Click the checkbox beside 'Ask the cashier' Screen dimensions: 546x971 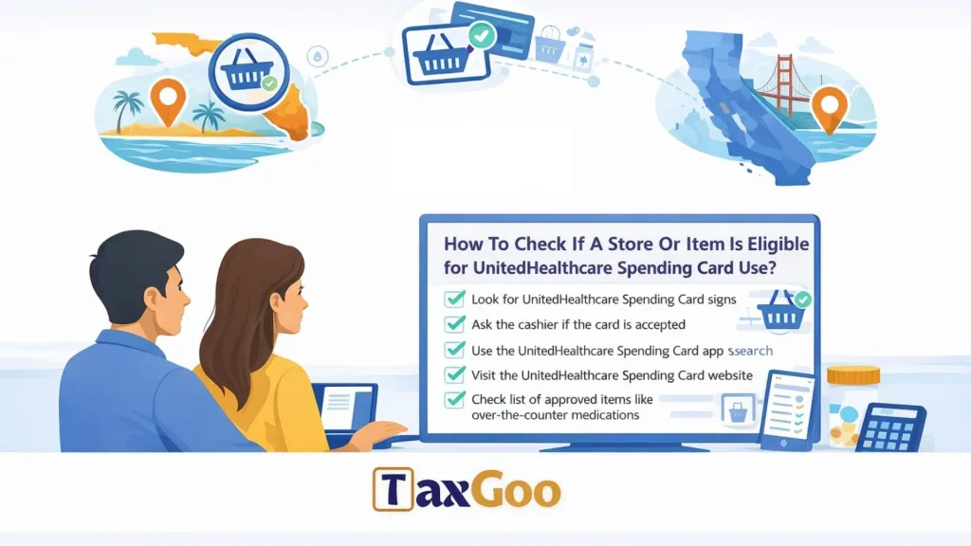(454, 324)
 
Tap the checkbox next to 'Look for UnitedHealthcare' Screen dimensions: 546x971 (454, 300)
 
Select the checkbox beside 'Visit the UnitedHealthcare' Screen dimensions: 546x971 (454, 374)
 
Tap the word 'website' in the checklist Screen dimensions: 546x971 (725, 375)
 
